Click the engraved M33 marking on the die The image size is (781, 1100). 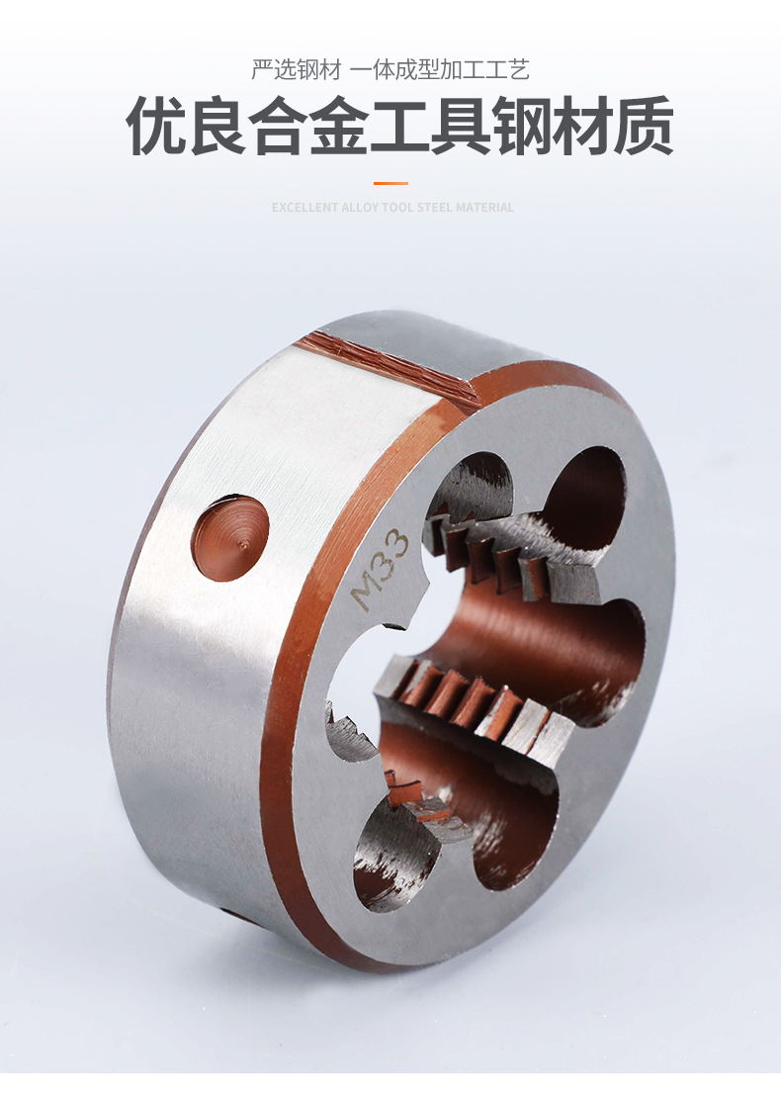(x=380, y=570)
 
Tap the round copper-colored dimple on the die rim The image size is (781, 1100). (x=230, y=537)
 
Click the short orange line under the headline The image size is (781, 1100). (x=390, y=183)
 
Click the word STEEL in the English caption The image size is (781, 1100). (x=435, y=208)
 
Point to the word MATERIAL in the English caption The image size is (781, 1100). (x=485, y=208)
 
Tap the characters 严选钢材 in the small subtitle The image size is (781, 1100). (x=296, y=70)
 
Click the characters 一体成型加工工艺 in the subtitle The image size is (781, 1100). (x=439, y=70)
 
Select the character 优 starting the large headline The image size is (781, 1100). (x=158, y=127)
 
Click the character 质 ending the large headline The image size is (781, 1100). (x=643, y=127)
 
